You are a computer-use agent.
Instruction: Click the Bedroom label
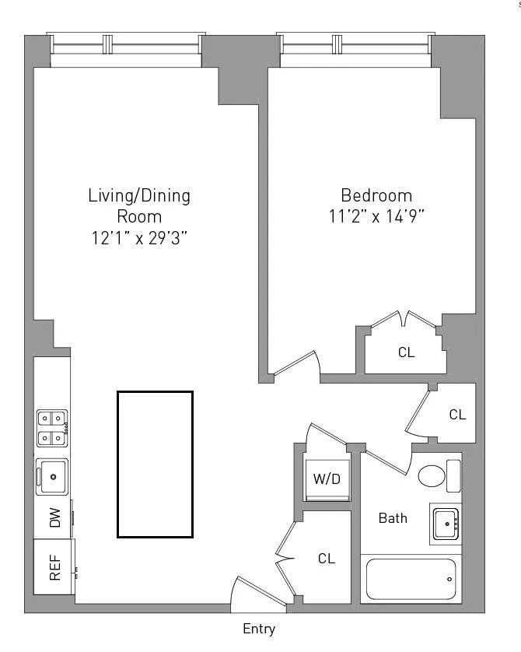coord(376,195)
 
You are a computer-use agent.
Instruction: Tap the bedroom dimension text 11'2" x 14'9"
coord(376,217)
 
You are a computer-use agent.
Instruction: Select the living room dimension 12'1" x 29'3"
coord(138,238)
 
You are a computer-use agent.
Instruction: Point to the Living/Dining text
coord(138,195)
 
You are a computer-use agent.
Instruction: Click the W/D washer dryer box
coord(327,478)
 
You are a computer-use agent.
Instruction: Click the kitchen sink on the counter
coord(52,476)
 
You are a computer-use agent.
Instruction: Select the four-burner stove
coord(52,429)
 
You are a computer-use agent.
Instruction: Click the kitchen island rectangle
coord(155,464)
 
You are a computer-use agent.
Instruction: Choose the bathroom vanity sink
coord(446,524)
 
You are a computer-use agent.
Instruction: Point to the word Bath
coord(393,518)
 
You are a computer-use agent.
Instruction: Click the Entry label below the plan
coord(259,629)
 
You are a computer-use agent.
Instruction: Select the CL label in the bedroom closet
coord(406,352)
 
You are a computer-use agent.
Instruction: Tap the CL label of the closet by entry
coord(327,559)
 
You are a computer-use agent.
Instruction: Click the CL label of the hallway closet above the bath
coord(457,415)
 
